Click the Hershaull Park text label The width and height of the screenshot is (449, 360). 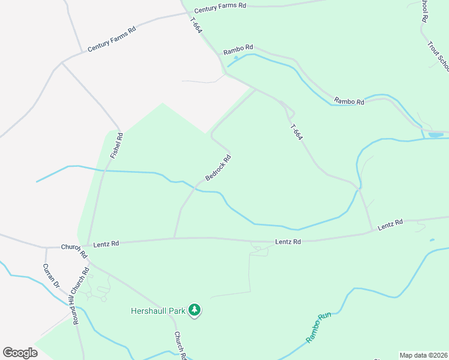point(159,311)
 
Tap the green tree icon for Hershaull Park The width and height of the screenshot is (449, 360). point(194,310)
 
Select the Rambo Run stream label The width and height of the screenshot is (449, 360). point(319,328)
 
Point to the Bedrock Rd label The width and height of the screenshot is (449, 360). point(218,169)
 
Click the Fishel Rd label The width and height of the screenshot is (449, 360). point(116,146)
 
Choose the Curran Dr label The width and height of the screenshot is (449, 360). point(52,275)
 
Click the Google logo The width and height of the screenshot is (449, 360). point(20,353)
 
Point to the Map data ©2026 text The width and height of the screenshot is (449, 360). point(423,355)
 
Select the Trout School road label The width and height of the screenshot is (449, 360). point(439,54)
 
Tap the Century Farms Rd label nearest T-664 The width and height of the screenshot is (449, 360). point(221,5)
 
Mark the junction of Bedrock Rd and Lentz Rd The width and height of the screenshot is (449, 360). point(174,238)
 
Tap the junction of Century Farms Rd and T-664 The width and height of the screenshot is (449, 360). point(184,11)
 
